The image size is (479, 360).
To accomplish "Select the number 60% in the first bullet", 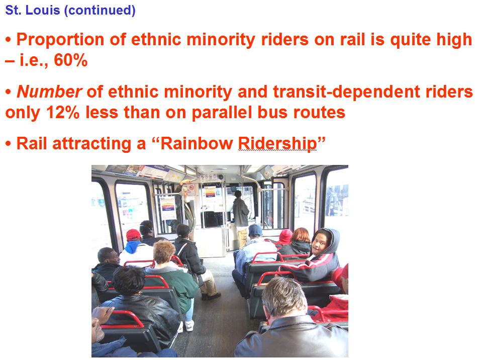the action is (x=71, y=60).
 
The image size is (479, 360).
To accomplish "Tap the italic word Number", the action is (x=49, y=92).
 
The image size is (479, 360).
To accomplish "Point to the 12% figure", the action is (x=63, y=113).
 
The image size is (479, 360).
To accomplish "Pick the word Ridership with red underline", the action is (x=277, y=144).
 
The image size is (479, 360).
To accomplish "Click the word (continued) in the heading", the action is (x=100, y=11).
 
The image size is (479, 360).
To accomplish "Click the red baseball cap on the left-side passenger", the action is (x=134, y=235).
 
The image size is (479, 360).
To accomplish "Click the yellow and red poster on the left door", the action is (x=168, y=208).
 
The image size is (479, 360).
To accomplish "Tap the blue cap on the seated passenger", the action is (x=255, y=230).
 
